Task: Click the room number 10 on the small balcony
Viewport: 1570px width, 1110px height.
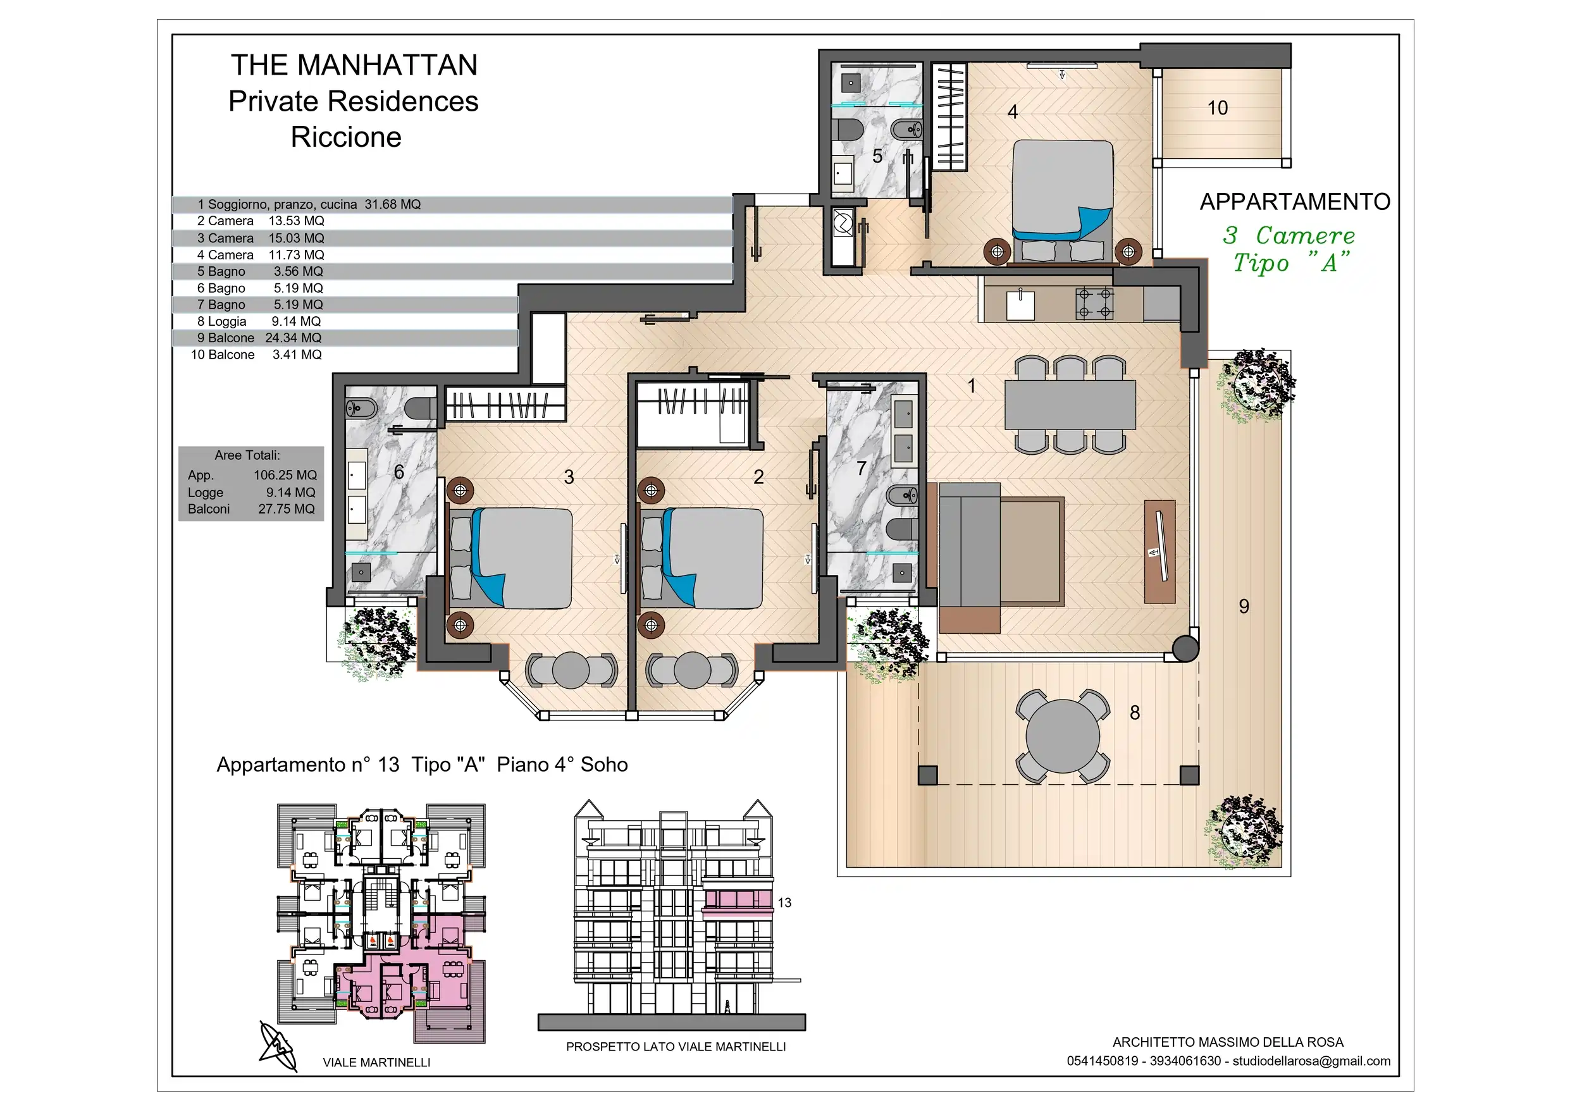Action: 1217,108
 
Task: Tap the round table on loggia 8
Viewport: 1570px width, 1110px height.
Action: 1063,736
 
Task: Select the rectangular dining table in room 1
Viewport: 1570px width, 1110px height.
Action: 1070,405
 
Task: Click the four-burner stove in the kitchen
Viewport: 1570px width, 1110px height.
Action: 1094,304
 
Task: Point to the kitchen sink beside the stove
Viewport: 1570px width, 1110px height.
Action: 1020,305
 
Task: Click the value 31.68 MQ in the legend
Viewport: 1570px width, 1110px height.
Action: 392,204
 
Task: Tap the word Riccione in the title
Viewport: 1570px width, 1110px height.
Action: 346,137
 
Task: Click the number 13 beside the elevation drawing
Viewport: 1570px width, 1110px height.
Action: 784,903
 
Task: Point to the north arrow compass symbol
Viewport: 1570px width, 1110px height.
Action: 279,1046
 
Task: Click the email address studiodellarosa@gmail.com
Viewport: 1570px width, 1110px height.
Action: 1311,1061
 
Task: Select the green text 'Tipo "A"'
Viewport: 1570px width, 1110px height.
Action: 1292,262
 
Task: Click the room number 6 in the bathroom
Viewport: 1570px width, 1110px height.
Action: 399,472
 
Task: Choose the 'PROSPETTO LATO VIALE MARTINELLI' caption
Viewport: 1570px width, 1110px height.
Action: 676,1047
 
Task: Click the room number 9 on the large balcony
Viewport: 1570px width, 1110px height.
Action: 1244,607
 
